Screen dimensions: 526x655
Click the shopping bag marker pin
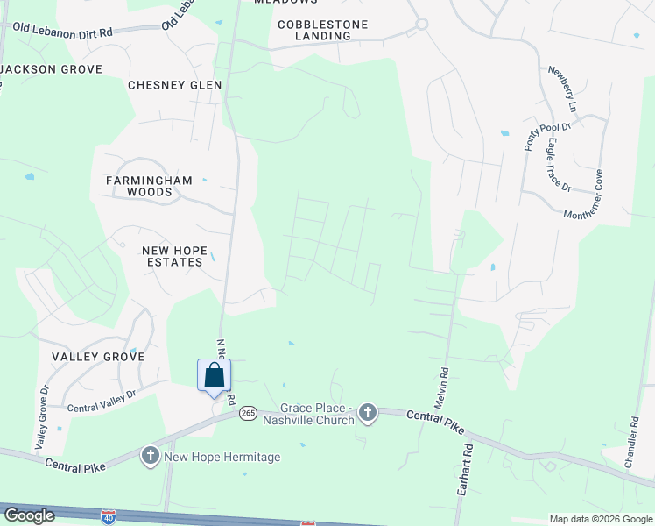(215, 377)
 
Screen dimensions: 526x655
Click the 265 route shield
(249, 413)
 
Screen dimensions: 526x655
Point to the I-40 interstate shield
(108, 517)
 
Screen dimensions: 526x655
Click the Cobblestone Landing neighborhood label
(322, 30)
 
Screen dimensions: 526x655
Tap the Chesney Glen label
(174, 85)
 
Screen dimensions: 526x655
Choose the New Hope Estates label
(175, 256)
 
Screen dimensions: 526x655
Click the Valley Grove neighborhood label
(97, 357)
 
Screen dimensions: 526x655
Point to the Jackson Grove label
(52, 68)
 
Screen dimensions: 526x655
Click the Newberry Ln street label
(562, 88)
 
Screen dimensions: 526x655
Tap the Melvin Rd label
(442, 385)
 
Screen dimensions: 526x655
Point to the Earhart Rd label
(464, 470)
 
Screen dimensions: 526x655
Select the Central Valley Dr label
(103, 401)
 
